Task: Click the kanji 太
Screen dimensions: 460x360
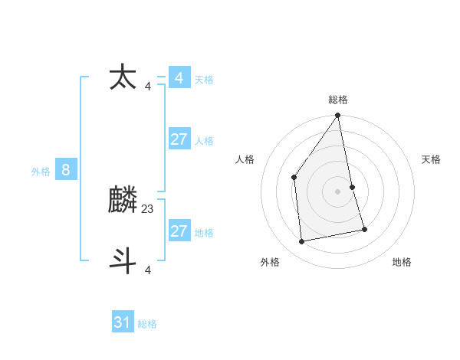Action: click(x=123, y=78)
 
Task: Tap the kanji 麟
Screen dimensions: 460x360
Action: click(x=123, y=201)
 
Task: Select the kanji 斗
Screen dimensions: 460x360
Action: click(x=123, y=259)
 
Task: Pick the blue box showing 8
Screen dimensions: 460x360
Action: click(x=66, y=170)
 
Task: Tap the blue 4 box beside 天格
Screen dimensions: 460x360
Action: click(x=179, y=78)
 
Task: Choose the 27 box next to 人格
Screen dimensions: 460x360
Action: click(x=179, y=139)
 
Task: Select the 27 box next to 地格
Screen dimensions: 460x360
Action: click(x=179, y=231)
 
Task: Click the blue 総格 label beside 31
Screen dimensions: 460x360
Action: click(x=147, y=324)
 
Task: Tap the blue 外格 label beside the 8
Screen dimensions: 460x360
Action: click(x=41, y=172)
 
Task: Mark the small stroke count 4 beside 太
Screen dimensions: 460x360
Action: click(x=148, y=86)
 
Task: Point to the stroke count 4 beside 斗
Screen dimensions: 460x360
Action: click(x=148, y=269)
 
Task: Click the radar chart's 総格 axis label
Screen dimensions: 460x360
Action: click(x=338, y=100)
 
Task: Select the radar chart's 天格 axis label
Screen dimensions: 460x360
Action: click(x=432, y=159)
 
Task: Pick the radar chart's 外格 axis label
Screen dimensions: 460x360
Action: click(x=270, y=262)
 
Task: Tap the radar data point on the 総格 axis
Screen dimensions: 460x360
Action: click(x=338, y=116)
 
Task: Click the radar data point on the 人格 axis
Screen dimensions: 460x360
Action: click(x=294, y=177)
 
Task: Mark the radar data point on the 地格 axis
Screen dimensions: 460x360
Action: click(x=364, y=229)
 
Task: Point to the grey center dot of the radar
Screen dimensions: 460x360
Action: click(x=338, y=191)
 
